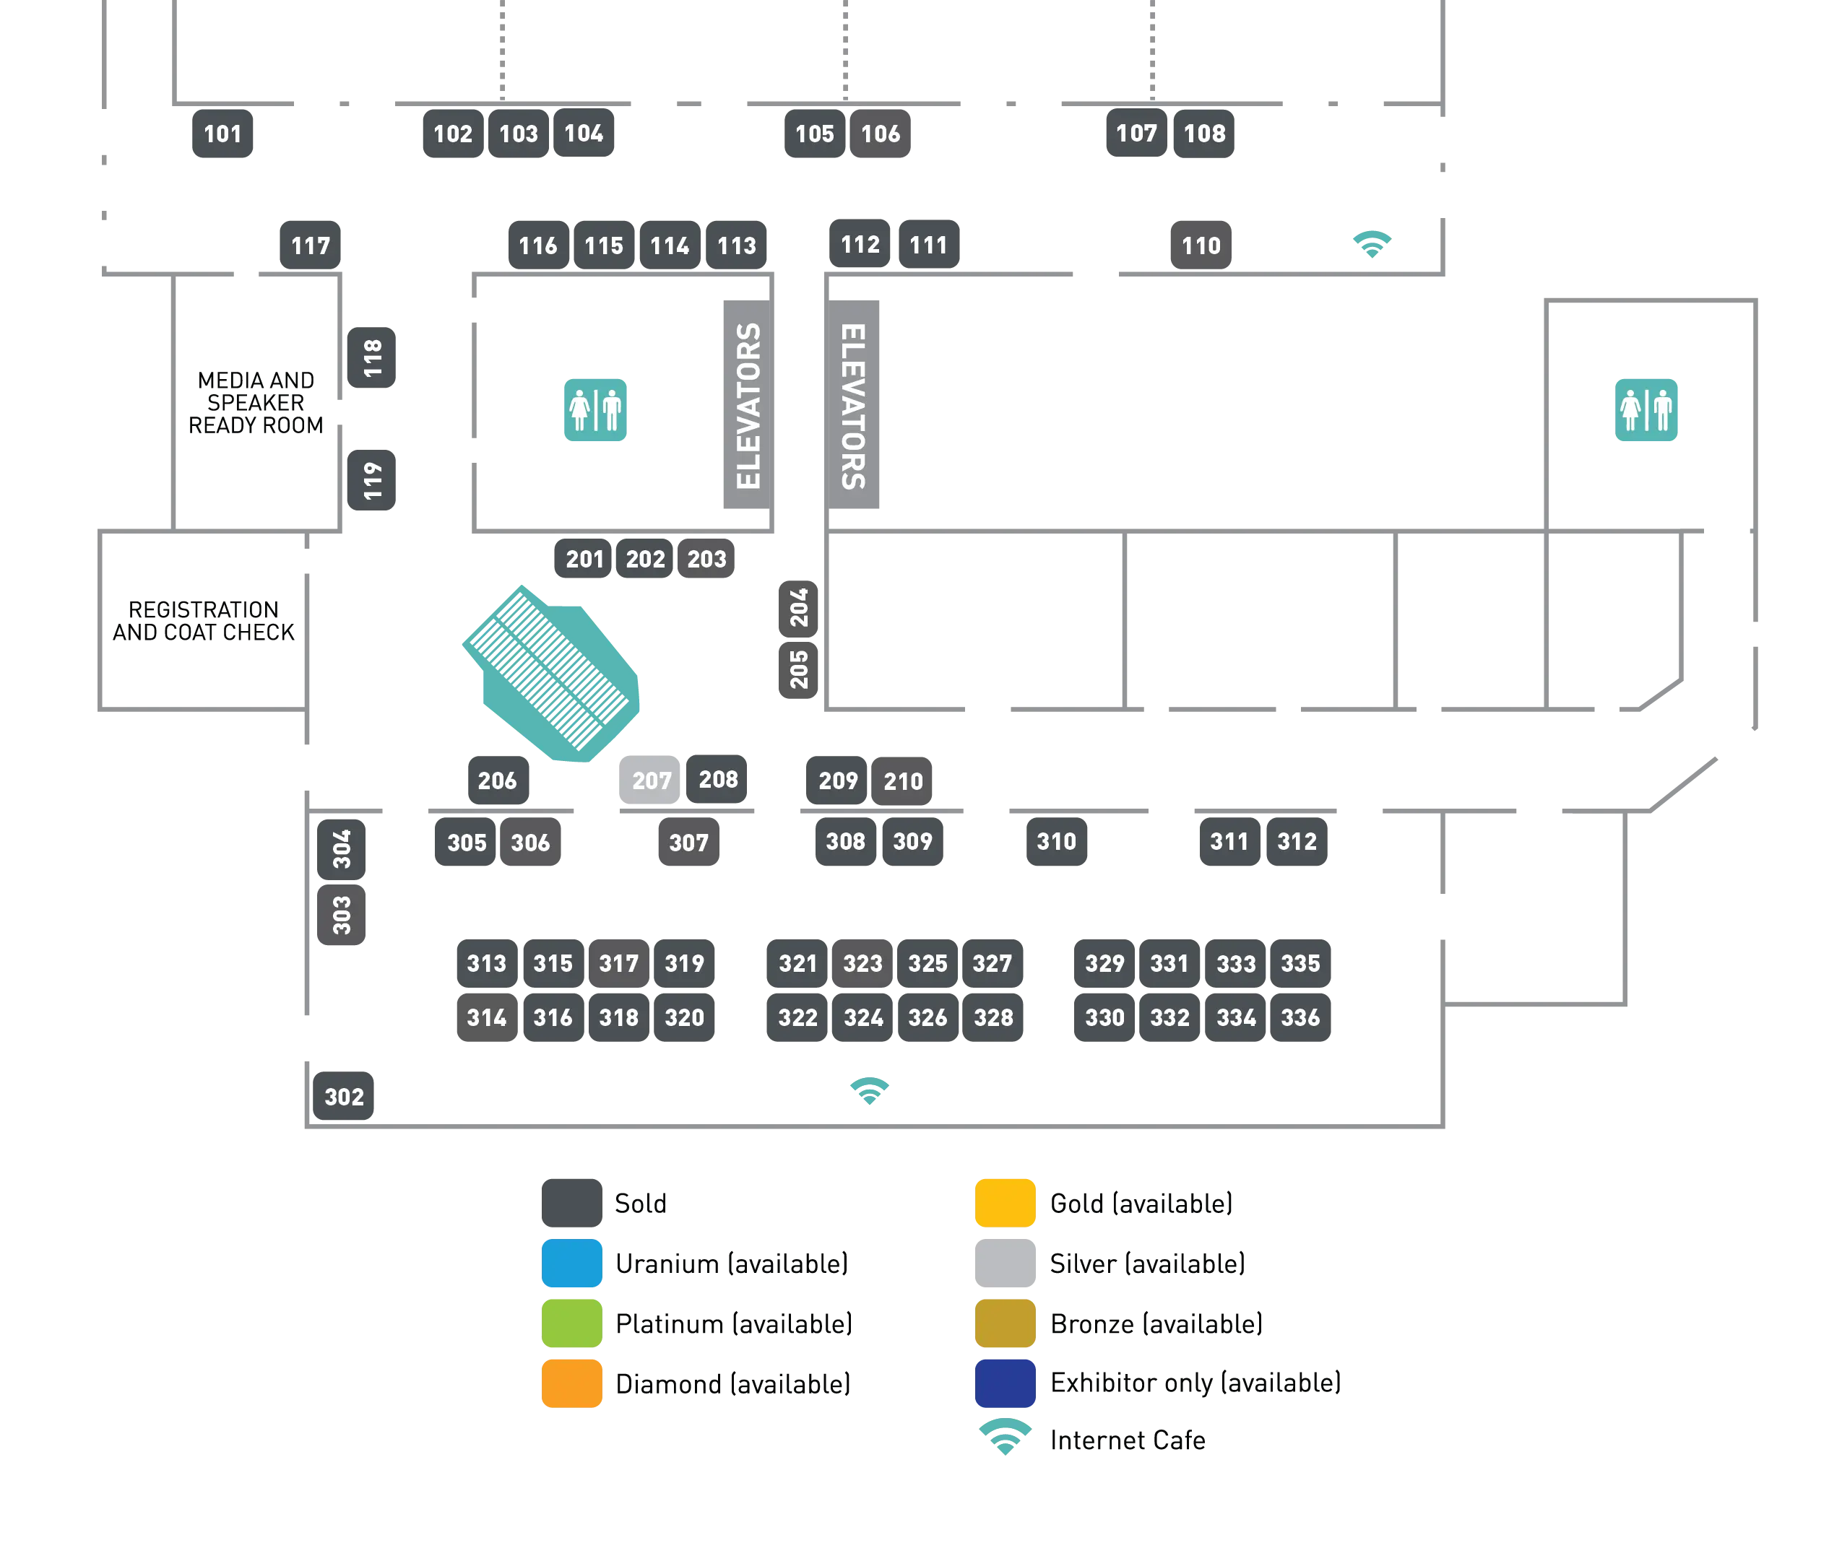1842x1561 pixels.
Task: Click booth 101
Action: click(222, 134)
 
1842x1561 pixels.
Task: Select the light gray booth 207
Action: click(651, 780)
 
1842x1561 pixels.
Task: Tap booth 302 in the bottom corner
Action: click(343, 1097)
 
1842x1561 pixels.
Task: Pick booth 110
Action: click(1201, 245)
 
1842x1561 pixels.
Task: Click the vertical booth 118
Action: click(372, 357)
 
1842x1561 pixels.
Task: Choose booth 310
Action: click(1056, 840)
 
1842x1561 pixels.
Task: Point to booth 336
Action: click(1300, 1017)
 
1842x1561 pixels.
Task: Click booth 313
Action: click(486, 962)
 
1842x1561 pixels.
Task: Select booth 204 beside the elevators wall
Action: click(798, 608)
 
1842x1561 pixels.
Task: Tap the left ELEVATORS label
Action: click(748, 406)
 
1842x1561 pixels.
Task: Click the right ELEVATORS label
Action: click(852, 406)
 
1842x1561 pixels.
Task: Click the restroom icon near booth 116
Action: click(594, 409)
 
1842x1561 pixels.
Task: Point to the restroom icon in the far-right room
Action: click(1646, 409)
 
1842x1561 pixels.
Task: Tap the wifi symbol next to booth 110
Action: click(1372, 243)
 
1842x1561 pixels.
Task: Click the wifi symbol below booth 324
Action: click(869, 1090)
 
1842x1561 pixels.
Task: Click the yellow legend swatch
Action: click(1005, 1203)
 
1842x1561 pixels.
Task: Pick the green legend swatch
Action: click(571, 1323)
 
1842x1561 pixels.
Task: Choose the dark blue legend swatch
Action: click(1005, 1382)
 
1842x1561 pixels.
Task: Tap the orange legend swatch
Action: click(571, 1382)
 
